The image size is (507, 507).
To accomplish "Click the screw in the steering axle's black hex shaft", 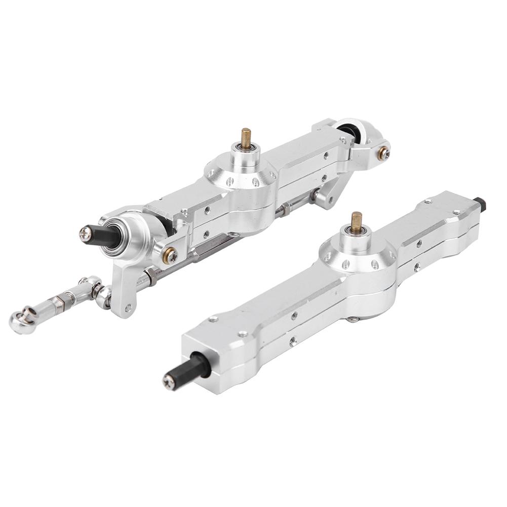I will click(x=84, y=233).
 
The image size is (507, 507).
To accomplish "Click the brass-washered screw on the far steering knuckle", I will click(x=384, y=150).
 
